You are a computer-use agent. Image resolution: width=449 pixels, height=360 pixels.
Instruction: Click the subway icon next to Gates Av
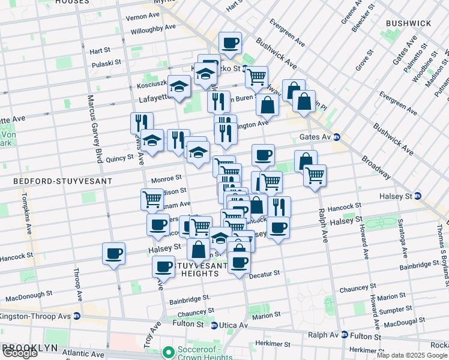[x=337, y=137]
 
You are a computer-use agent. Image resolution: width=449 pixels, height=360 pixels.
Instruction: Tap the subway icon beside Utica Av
[x=214, y=325]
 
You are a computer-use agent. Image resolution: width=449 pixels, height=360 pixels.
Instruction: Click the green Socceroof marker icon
[x=169, y=350]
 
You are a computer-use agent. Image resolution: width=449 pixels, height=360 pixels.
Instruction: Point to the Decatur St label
[x=264, y=273]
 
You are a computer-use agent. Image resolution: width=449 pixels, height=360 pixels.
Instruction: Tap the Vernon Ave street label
[x=143, y=17]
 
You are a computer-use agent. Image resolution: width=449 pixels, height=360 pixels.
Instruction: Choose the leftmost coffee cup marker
[x=113, y=253]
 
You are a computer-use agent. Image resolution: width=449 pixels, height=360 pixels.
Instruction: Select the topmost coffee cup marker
[x=230, y=43]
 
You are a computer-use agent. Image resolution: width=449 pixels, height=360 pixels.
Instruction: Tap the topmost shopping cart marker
[x=256, y=76]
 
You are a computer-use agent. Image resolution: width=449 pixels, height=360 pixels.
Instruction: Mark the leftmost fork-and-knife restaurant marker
[x=142, y=123]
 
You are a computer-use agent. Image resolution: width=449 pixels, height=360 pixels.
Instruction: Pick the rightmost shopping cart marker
[x=315, y=175]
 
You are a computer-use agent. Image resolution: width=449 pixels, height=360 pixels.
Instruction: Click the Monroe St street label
[x=166, y=178]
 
